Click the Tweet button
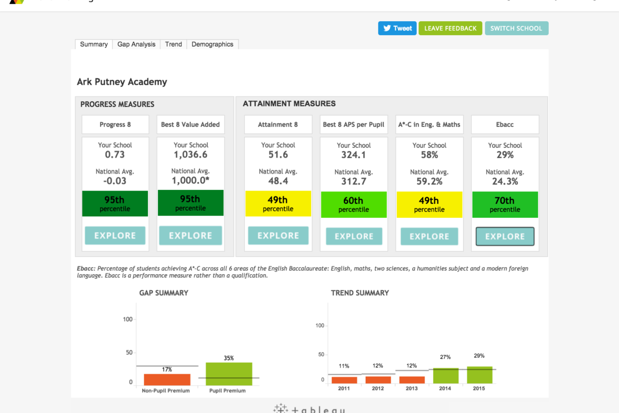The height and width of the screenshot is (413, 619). pyautogui.click(x=397, y=28)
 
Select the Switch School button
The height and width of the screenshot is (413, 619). pyautogui.click(x=516, y=28)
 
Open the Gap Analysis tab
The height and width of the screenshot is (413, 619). pyautogui.click(x=136, y=44)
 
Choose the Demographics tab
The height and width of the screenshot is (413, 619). pyautogui.click(x=213, y=44)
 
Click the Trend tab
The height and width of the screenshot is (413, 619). pyautogui.click(x=173, y=44)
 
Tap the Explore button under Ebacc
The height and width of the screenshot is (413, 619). pyautogui.click(x=505, y=236)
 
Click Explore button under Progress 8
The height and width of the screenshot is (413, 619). pyautogui.click(x=115, y=235)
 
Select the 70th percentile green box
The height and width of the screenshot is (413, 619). pyautogui.click(x=505, y=204)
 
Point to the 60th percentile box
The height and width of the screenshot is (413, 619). pyautogui.click(x=353, y=204)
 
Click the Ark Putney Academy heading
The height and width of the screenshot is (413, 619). pyautogui.click(x=122, y=82)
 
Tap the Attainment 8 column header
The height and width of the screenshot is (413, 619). pyautogui.click(x=278, y=124)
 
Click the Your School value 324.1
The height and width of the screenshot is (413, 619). pyautogui.click(x=353, y=155)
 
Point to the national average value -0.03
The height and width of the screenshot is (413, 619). pyautogui.click(x=115, y=181)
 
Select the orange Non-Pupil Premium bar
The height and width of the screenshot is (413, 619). pyautogui.click(x=167, y=379)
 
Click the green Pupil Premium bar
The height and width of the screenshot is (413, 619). pyautogui.click(x=229, y=373)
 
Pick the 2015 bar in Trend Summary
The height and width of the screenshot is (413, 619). pyautogui.click(x=480, y=375)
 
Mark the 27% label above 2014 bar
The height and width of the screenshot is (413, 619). pyautogui.click(x=445, y=357)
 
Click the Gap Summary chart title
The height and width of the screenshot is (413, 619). pyautogui.click(x=164, y=293)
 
